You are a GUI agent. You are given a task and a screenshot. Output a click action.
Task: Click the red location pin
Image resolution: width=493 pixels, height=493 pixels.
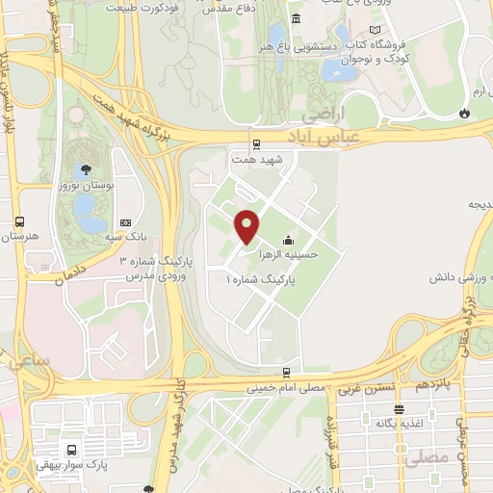point(247,225)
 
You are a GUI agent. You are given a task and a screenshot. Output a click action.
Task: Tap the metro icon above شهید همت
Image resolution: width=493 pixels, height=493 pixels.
point(256,144)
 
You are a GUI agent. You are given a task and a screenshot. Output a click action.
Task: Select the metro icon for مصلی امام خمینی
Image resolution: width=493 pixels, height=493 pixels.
point(286,372)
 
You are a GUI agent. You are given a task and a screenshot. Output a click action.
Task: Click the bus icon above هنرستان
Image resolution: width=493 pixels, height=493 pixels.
point(19,221)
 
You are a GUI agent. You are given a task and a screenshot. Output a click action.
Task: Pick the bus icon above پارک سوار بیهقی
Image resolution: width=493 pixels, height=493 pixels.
point(72,449)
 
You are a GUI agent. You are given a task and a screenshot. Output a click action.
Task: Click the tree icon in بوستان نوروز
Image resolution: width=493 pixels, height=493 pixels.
point(88,169)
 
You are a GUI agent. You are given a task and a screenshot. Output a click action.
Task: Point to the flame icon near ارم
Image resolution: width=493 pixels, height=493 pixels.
point(465,113)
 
